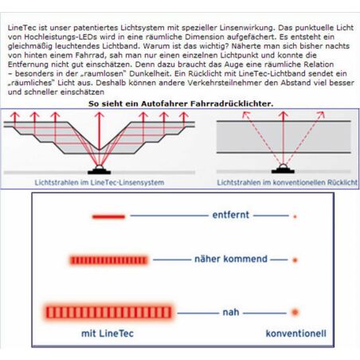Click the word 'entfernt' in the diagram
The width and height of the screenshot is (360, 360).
(x=231, y=215)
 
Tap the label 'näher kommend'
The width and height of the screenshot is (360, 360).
(x=231, y=259)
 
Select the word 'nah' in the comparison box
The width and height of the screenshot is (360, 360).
(x=231, y=312)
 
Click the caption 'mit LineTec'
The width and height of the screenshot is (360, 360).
(x=108, y=334)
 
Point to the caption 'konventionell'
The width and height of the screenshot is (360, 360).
(x=295, y=334)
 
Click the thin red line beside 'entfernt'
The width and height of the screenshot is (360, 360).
(x=108, y=217)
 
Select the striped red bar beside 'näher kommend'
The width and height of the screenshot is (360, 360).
(x=108, y=260)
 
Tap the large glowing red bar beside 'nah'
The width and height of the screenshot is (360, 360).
(x=108, y=312)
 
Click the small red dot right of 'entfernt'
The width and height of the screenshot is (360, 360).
(x=295, y=217)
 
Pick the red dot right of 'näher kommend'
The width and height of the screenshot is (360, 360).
(x=295, y=260)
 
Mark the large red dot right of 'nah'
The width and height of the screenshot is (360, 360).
(x=295, y=312)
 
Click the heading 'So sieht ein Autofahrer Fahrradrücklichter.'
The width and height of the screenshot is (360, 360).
(x=181, y=104)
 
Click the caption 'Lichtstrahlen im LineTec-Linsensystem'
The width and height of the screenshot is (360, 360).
(x=100, y=182)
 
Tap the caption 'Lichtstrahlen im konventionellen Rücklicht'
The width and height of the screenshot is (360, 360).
(x=287, y=182)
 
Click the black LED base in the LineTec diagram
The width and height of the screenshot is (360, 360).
(x=100, y=172)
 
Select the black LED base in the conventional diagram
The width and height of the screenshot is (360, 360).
(x=283, y=171)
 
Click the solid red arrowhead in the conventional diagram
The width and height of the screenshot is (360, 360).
(x=284, y=115)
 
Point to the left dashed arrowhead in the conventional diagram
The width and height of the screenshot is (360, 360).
(x=246, y=115)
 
